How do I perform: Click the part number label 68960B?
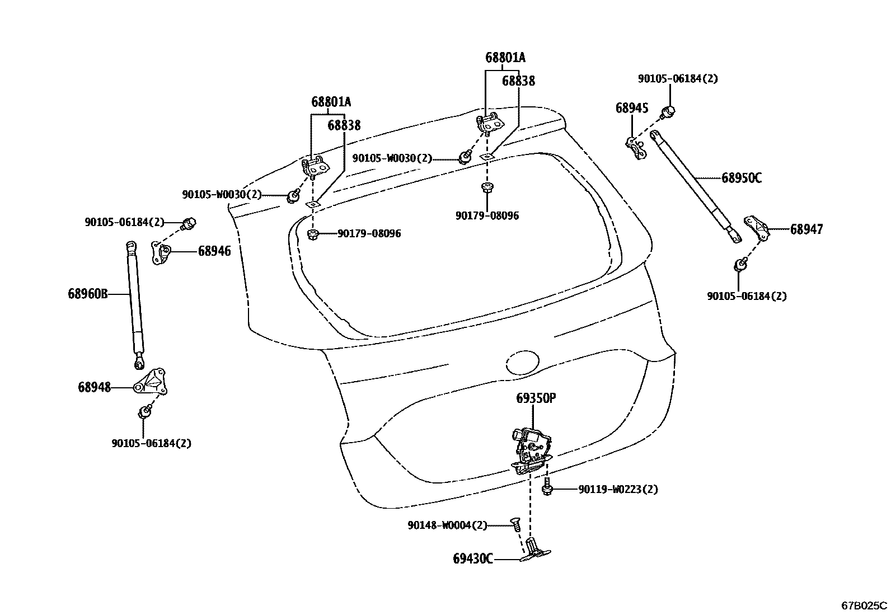[x=87, y=294]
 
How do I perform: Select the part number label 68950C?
[x=741, y=179]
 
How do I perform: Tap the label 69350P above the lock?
[x=536, y=398]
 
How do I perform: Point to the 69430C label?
[x=473, y=558]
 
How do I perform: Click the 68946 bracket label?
[x=214, y=251]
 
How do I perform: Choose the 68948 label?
[x=94, y=387]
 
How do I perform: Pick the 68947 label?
[x=806, y=229]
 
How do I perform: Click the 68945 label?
[x=632, y=108]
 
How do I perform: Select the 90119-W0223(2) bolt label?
[x=618, y=490]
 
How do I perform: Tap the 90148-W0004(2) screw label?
[x=447, y=525]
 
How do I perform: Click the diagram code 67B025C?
[x=865, y=605]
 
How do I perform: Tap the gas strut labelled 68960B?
[x=135, y=302]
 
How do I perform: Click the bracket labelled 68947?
[x=756, y=227]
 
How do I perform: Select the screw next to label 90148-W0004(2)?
[x=514, y=525]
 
